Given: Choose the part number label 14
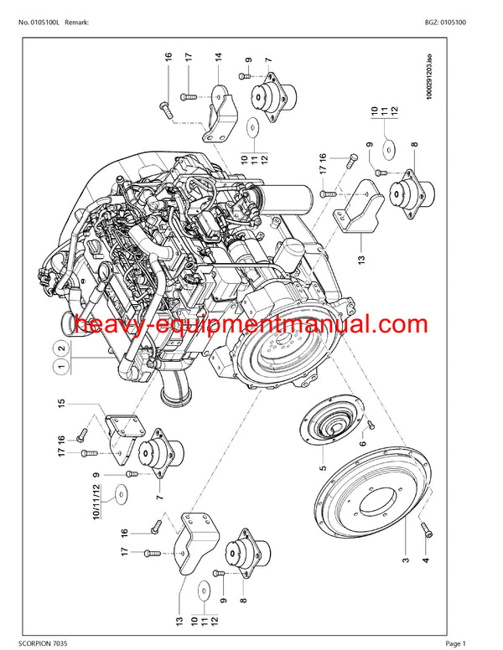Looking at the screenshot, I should (x=218, y=60).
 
